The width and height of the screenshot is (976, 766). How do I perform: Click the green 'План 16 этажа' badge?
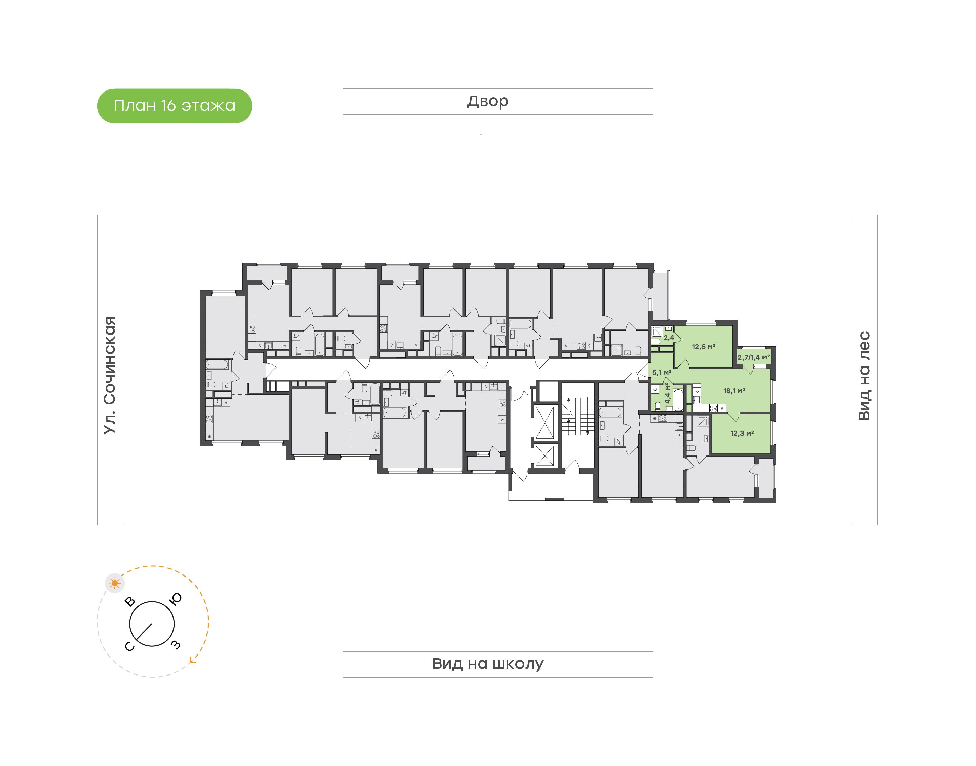coord(175,106)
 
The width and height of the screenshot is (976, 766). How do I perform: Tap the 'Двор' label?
coord(488,101)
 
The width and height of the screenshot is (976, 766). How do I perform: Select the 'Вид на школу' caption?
coord(488,664)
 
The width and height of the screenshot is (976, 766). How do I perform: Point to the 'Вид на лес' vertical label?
coord(864,376)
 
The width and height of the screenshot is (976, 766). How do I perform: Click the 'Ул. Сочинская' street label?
coord(110,376)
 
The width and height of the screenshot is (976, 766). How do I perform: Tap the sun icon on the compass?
coord(115,583)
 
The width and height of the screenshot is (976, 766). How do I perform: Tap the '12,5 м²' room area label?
coord(704,347)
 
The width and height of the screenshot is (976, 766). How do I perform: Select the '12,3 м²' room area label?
coord(742,433)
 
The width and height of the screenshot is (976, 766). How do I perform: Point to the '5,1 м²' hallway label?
coord(662,372)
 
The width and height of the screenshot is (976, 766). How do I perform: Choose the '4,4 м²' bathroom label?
coord(667,393)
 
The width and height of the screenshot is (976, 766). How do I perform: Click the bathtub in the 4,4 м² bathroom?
coord(678,400)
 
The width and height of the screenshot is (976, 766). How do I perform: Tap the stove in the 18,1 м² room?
coord(713,408)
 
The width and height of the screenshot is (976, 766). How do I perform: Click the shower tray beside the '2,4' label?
coord(657,332)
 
